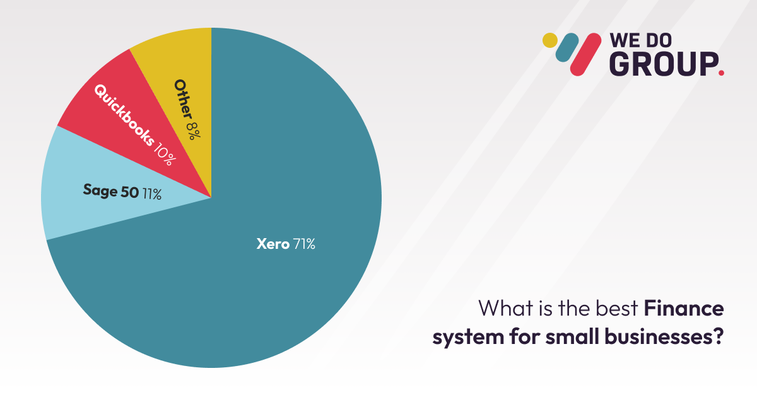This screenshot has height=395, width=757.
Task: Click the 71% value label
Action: pos(303,244)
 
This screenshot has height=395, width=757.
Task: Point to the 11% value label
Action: pos(151,193)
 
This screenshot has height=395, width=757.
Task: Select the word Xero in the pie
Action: pos(273,244)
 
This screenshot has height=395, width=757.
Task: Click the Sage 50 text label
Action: pos(110,192)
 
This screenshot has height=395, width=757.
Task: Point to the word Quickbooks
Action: pos(123,114)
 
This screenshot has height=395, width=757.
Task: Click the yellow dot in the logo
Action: pos(550,40)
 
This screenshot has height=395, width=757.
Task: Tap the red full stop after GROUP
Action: pos(721,73)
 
